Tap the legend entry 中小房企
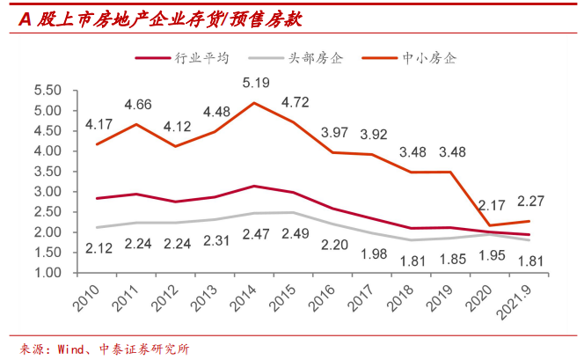coord(427,58)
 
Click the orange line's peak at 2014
coord(255,103)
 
